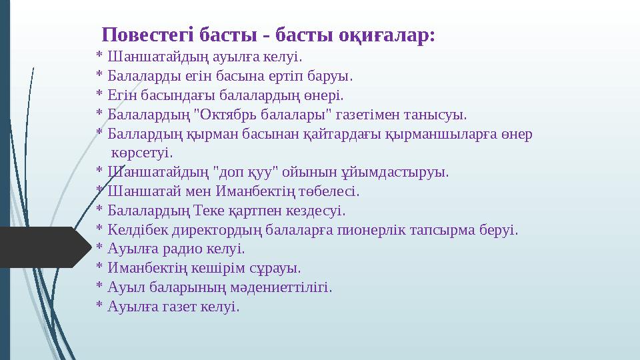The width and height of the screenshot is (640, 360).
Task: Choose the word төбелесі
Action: coord(331,191)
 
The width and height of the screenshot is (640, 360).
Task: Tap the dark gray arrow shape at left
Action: coord(40,247)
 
